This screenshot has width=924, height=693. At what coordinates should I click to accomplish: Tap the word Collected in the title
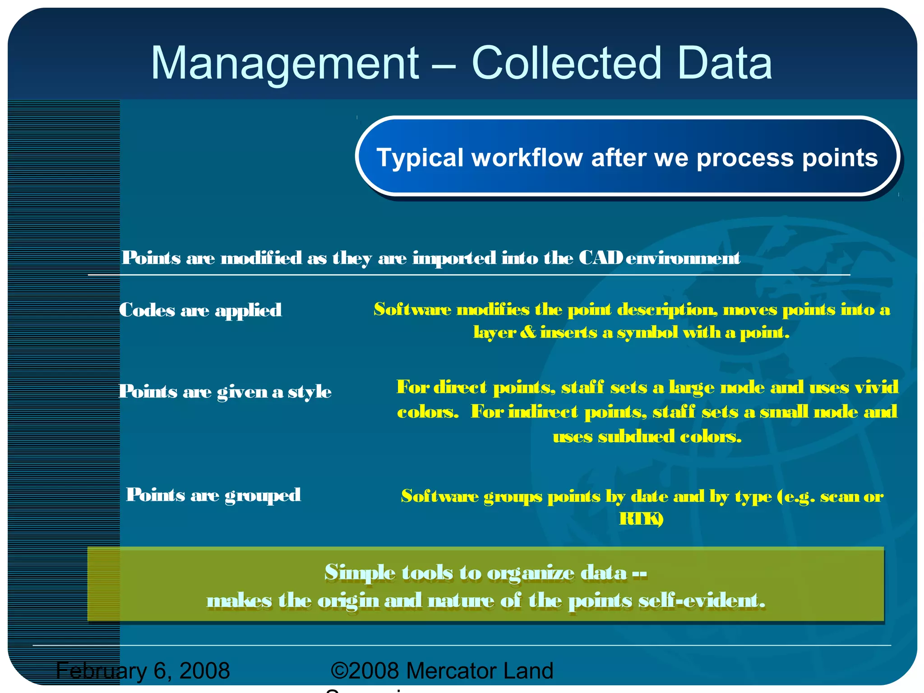click(x=567, y=63)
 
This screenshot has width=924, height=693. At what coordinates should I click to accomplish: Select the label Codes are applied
click(x=200, y=310)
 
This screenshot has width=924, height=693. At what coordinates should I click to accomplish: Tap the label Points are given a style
click(x=225, y=392)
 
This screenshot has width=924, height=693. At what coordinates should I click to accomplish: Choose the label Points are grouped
click(x=213, y=495)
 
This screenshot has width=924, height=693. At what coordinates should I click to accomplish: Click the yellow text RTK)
click(x=641, y=519)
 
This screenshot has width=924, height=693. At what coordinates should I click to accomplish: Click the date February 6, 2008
click(x=143, y=670)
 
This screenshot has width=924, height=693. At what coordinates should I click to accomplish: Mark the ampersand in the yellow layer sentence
click(x=527, y=333)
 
